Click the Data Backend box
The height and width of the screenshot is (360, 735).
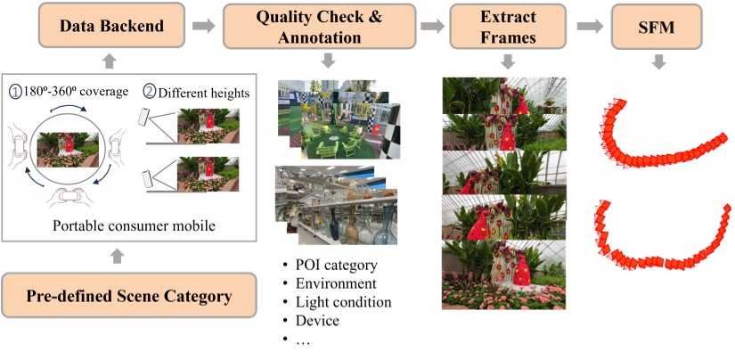(x=111, y=27)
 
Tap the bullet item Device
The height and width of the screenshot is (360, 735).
(x=311, y=320)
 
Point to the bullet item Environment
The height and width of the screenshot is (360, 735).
(x=333, y=284)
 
